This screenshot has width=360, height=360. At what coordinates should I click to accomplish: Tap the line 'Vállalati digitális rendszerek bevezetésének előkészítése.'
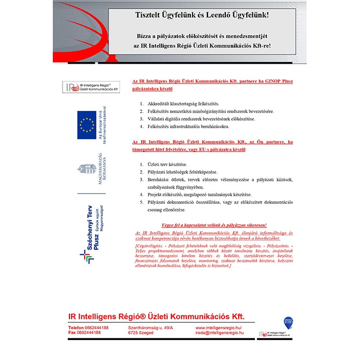202,119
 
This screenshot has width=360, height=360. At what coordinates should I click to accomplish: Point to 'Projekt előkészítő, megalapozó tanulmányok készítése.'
199,195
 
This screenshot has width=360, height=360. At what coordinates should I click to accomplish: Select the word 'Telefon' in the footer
76,328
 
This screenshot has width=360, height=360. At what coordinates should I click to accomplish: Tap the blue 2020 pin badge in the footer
288,321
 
